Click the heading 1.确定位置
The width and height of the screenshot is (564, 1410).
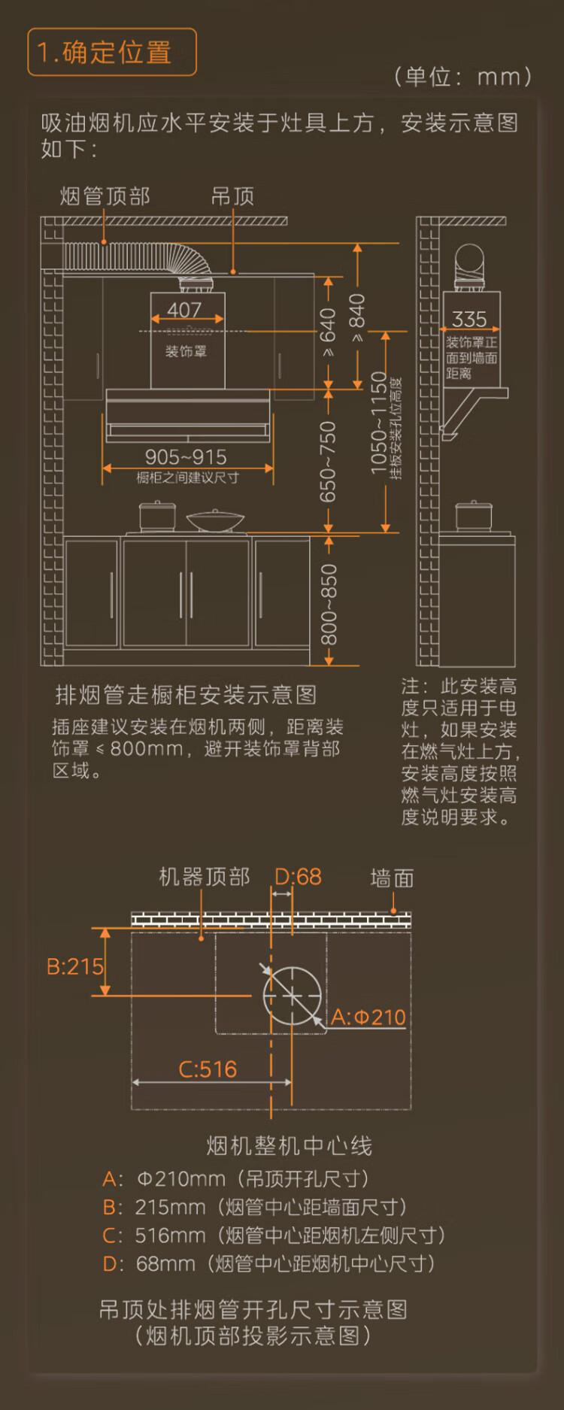111,52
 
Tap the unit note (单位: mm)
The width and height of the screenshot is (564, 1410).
462,76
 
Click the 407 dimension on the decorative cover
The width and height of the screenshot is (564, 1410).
184,310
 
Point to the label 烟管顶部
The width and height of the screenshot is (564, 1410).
105,196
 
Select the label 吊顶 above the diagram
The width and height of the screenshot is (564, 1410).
232,196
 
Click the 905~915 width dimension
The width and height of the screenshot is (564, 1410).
186,456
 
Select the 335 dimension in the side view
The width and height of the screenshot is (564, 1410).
469,320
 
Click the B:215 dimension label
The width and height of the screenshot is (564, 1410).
74,966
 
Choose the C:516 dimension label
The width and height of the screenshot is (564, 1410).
208,1069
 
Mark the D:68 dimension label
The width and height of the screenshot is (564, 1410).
298,877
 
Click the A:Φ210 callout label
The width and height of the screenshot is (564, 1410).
368,1017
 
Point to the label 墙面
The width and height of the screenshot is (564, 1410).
392,878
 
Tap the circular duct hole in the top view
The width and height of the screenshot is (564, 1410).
293,996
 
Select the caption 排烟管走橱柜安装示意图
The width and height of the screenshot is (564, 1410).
186,695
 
